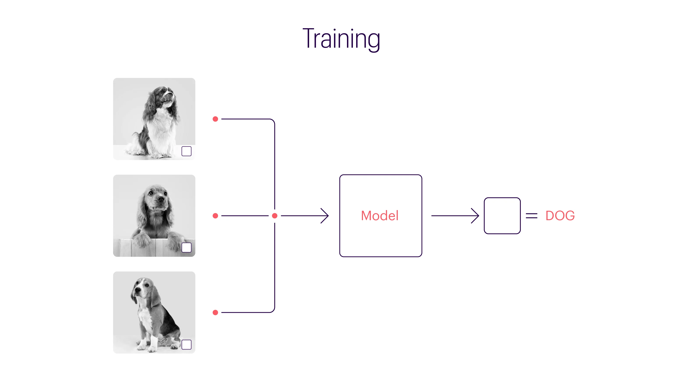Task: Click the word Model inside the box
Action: point(380,216)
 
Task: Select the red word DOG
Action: point(560,216)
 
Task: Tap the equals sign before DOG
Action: point(532,216)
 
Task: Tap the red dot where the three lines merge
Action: point(275,216)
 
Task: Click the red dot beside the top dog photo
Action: point(215,119)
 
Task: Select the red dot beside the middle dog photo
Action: point(215,216)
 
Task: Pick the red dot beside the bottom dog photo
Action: point(215,312)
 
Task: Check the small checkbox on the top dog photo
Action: point(186,151)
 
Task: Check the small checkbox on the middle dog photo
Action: point(186,247)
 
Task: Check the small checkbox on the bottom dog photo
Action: point(186,345)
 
